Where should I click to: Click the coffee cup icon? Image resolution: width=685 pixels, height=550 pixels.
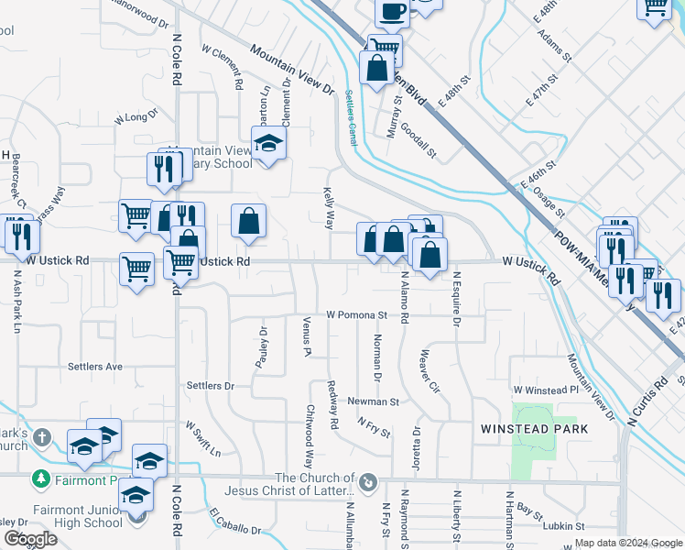click(x=392, y=12)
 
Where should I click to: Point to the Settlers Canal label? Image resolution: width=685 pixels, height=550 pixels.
click(x=352, y=117)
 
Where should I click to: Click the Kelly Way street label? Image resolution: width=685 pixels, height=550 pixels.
click(x=328, y=210)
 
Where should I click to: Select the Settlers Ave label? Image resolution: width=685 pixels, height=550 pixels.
click(x=94, y=367)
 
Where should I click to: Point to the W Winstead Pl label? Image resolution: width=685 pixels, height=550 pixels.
click(x=546, y=390)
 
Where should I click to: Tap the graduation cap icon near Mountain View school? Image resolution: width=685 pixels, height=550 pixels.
click(x=268, y=144)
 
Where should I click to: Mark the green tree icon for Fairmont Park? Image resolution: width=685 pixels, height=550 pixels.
click(x=40, y=479)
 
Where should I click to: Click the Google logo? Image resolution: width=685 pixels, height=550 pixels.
click(x=30, y=539)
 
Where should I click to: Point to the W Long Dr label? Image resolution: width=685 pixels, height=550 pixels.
click(x=136, y=117)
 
